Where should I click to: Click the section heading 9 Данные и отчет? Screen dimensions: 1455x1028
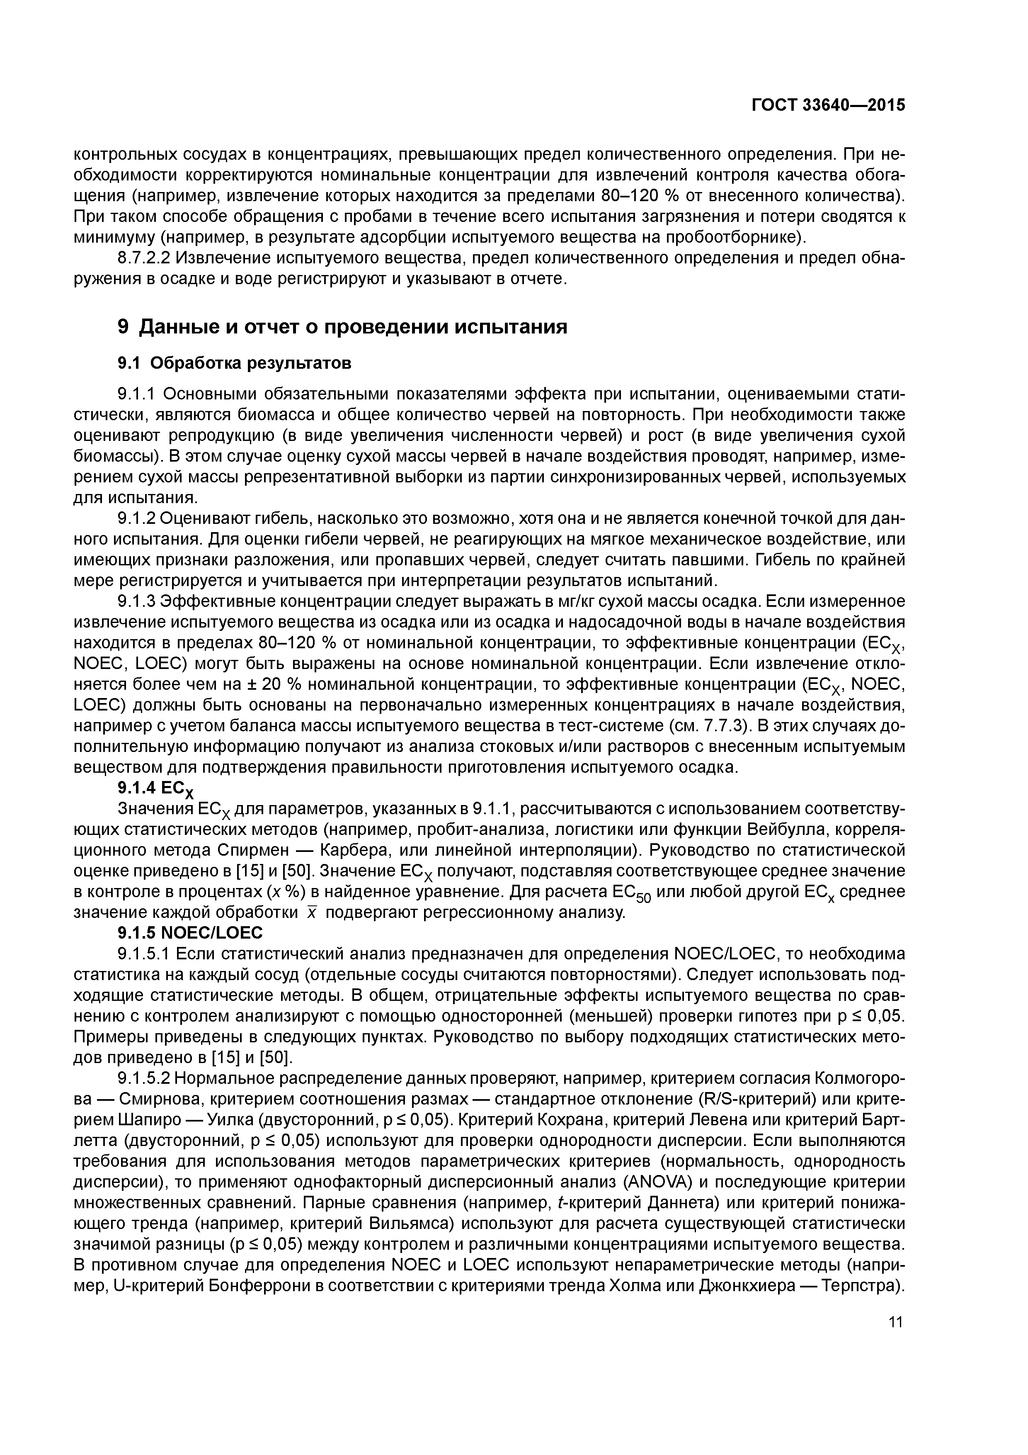[x=342, y=326]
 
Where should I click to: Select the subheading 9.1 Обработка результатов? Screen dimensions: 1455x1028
[x=234, y=363]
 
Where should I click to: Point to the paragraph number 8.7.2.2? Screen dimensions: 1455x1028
[x=144, y=258]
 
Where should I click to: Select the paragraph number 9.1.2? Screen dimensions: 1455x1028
[x=137, y=518]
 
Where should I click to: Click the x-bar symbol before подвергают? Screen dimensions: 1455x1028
[x=311, y=912]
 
